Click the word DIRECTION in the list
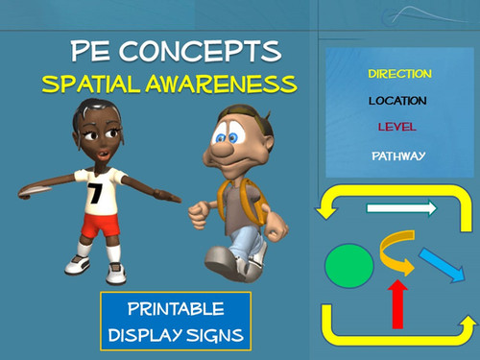(x=399, y=74)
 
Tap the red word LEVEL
(x=397, y=127)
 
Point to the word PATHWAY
(x=398, y=155)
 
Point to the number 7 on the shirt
(x=95, y=192)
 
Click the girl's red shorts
(x=100, y=226)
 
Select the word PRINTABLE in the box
(x=175, y=310)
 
